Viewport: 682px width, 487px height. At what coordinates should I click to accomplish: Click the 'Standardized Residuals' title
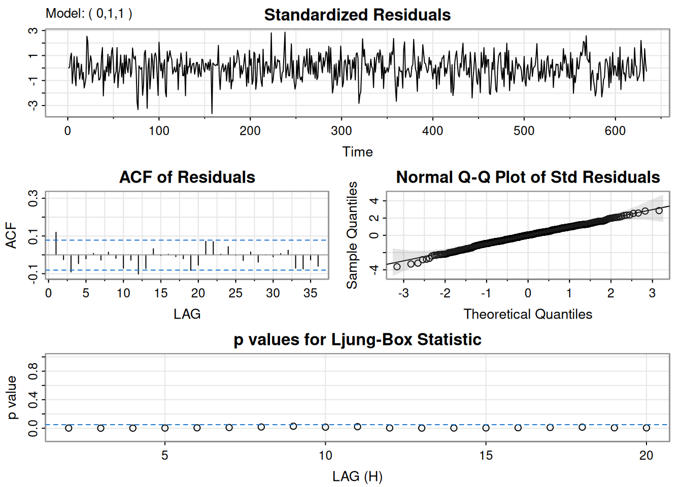(357, 15)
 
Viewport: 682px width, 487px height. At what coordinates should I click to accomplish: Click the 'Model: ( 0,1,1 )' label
(89, 13)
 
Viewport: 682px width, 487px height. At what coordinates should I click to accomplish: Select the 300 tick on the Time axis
(341, 131)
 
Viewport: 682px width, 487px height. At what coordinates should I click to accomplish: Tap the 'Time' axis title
(357, 152)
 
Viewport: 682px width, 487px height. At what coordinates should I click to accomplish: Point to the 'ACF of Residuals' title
(187, 177)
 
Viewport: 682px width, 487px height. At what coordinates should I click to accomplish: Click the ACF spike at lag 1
(56, 243)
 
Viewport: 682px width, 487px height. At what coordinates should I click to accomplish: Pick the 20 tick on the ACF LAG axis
(198, 293)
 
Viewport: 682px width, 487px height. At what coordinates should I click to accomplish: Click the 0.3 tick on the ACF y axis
(33, 198)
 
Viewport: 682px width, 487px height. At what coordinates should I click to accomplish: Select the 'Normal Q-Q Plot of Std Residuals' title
(528, 177)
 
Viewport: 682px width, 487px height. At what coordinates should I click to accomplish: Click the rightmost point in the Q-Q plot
(659, 211)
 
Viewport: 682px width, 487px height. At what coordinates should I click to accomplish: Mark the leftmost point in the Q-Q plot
(397, 266)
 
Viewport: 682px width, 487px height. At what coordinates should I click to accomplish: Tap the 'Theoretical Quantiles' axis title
(528, 314)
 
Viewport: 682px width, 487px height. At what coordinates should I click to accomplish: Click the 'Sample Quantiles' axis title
(352, 235)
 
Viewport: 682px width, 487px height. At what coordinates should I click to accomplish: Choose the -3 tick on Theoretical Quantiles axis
(403, 293)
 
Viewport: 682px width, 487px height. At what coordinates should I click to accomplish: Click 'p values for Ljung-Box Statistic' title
(357, 339)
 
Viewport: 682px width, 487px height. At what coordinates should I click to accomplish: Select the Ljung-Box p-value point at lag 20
(646, 428)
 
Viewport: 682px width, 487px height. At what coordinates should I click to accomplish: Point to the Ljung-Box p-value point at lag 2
(69, 428)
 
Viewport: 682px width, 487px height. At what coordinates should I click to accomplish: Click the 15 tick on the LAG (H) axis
(486, 456)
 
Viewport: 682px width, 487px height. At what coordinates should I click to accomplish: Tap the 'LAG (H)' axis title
(357, 476)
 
